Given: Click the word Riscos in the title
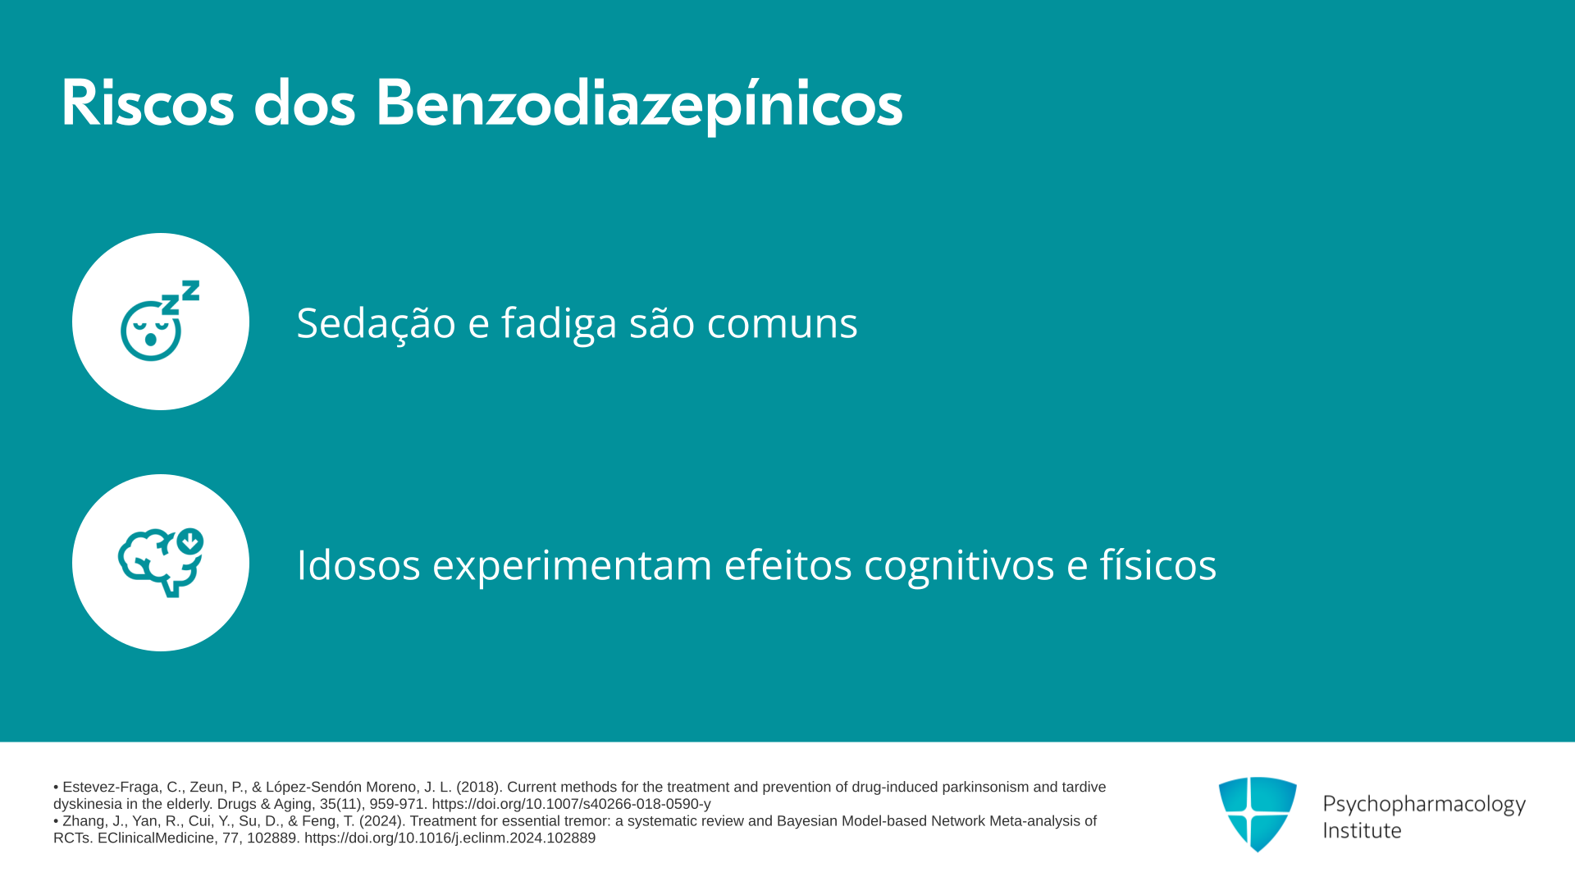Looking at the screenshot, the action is click(x=148, y=103).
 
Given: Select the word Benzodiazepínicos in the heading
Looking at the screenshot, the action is click(x=639, y=105).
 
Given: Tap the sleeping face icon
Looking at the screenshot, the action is click(x=160, y=321).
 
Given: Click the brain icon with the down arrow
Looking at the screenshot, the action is click(x=161, y=563).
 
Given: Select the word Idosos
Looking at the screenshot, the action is click(x=358, y=564).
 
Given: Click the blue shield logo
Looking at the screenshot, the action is click(x=1258, y=814).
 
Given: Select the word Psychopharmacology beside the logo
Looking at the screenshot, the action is click(x=1424, y=805).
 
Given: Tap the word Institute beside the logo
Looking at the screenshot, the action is click(x=1362, y=830).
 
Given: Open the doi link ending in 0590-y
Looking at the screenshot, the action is click(x=571, y=805).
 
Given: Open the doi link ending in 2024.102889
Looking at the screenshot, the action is click(x=450, y=838).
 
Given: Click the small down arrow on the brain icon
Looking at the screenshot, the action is click(x=189, y=541).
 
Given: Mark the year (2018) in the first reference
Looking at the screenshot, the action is click(x=478, y=788).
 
